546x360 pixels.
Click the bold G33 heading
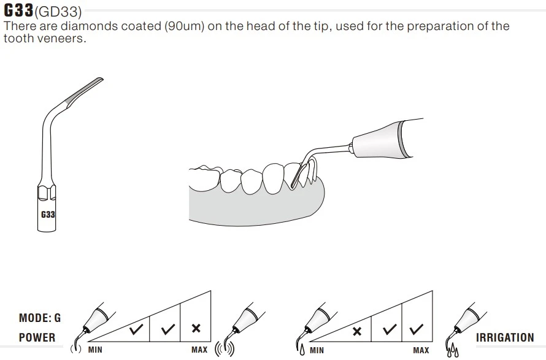click(x=18, y=10)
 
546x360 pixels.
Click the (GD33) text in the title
click(x=58, y=12)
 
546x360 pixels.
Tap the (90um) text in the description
click(x=184, y=26)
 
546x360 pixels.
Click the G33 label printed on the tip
click(x=48, y=215)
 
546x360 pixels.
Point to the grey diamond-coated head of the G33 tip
click(x=83, y=91)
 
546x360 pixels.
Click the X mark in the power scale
click(x=196, y=328)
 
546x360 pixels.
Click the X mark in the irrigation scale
click(x=357, y=331)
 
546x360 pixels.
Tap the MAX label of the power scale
click(x=199, y=350)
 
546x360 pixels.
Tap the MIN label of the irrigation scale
click(x=317, y=350)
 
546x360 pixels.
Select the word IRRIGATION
click(x=504, y=337)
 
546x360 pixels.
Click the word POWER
click(x=37, y=337)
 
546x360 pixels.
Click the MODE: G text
click(x=40, y=318)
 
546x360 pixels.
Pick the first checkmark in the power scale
click(x=136, y=329)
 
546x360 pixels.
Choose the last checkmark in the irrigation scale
click(x=416, y=329)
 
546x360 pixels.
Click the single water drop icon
click(x=302, y=350)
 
